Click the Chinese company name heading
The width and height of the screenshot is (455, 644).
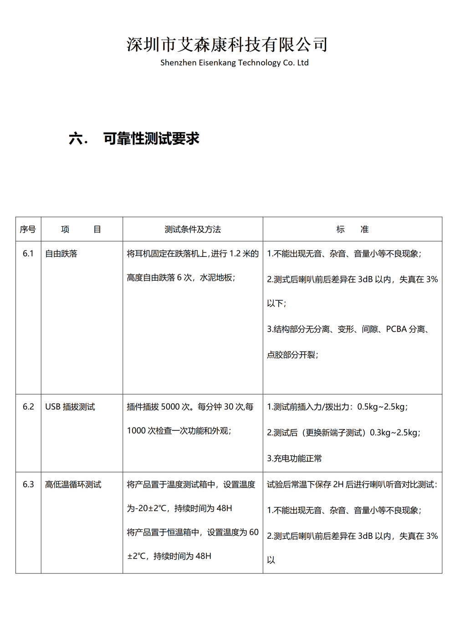pyautogui.click(x=227, y=44)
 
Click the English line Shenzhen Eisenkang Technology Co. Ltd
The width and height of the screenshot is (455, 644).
pyautogui.click(x=234, y=63)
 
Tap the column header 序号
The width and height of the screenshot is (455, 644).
pyautogui.click(x=28, y=230)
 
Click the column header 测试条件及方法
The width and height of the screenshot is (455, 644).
pyautogui.click(x=193, y=230)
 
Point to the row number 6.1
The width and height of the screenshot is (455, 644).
pyautogui.click(x=28, y=254)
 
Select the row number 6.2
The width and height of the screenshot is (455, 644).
pyautogui.click(x=28, y=407)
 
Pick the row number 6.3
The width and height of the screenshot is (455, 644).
pyautogui.click(x=28, y=485)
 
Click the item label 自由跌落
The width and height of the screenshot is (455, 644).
pyautogui.click(x=61, y=254)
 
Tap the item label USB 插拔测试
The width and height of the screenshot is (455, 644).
pyautogui.click(x=70, y=407)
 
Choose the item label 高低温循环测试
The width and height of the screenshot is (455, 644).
pyautogui.click(x=73, y=485)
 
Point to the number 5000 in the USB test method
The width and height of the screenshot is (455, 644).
pyautogui.click(x=170, y=407)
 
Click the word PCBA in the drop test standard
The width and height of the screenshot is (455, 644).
pyautogui.click(x=396, y=329)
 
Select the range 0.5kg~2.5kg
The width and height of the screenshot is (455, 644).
pyautogui.click(x=382, y=407)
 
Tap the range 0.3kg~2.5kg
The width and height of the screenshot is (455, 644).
pyautogui.click(x=394, y=433)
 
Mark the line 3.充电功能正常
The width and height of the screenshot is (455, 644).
pyautogui.click(x=294, y=459)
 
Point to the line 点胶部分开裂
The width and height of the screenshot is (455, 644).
pyautogui.click(x=292, y=355)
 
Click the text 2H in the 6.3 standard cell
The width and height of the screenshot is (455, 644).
pyautogui.click(x=338, y=485)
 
